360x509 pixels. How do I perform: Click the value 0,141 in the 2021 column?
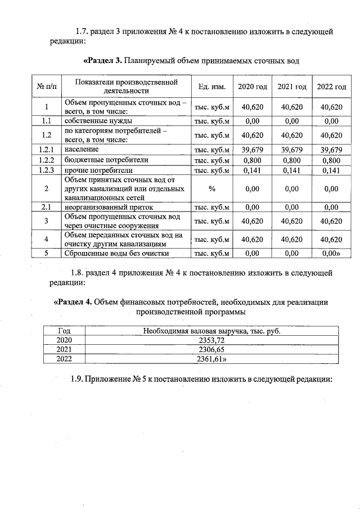coord(292,170)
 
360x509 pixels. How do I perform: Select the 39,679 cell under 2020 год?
coord(253,150)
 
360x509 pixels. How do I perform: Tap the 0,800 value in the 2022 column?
coord(331,160)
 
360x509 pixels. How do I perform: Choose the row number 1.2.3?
coord(46,170)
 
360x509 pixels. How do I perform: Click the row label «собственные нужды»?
coord(98,121)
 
